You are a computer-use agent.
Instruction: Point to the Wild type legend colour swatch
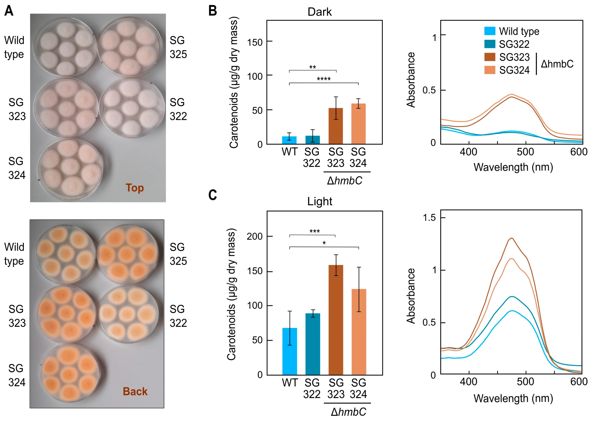[490, 31]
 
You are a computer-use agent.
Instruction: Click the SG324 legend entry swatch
[490, 70]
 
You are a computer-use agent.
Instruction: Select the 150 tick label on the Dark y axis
[255, 42]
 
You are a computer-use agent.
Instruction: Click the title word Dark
[320, 12]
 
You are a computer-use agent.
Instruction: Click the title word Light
[320, 201]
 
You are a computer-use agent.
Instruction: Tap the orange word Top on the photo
[135, 188]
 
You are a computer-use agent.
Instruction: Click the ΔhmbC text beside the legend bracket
[557, 64]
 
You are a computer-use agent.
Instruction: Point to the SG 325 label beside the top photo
[178, 47]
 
